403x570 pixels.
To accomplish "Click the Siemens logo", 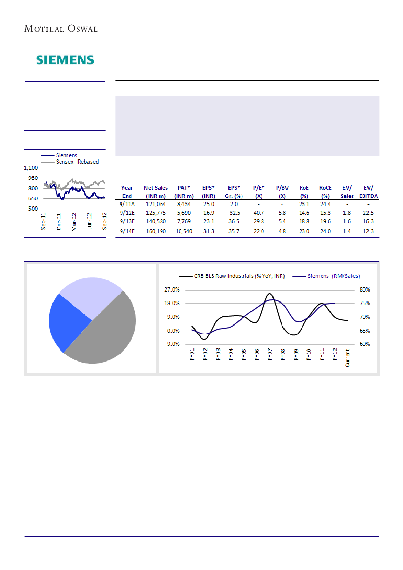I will [65, 60].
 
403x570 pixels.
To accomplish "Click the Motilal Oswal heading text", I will [61, 29].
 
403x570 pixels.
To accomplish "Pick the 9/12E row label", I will [127, 213].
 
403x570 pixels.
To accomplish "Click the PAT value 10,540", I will [182, 231].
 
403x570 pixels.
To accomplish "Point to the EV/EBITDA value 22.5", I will [368, 213].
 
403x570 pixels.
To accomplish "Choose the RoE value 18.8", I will [304, 222].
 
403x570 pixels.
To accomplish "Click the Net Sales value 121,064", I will [156, 204].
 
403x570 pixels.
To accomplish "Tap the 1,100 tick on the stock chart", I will [33, 168].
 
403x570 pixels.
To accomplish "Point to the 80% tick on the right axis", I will [365, 290].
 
